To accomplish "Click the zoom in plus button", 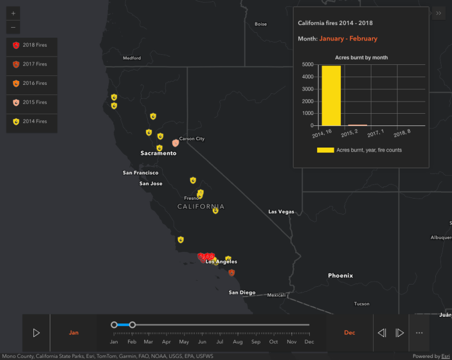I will (x=13, y=13).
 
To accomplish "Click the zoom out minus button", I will (x=13, y=27).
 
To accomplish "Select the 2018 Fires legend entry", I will (x=32, y=45).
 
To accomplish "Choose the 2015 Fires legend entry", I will (x=32, y=103).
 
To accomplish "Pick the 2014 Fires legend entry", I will (x=32, y=121).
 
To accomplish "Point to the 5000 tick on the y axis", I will (x=308, y=64).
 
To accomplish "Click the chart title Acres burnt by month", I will (x=361, y=58).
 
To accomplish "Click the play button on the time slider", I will (x=36, y=333).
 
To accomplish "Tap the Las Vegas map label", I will (x=281, y=212).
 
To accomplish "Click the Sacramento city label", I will (x=158, y=153).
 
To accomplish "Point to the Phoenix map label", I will (x=340, y=276).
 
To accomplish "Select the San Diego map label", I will (x=242, y=292).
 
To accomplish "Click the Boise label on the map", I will (x=260, y=24).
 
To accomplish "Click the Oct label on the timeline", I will (x=274, y=342).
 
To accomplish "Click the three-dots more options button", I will (x=419, y=333).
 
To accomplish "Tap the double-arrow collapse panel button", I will (x=439, y=13).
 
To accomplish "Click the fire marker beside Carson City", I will (x=175, y=143).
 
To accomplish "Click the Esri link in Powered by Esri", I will (x=445, y=356).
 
